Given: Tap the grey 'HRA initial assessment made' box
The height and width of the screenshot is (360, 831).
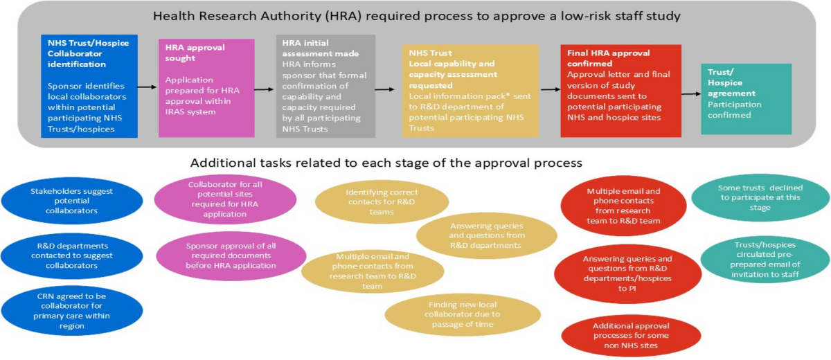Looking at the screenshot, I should coord(325,86).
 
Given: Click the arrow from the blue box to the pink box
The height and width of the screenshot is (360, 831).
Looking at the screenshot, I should coord(148,87).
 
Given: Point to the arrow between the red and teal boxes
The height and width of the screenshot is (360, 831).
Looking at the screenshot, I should coord(691,93).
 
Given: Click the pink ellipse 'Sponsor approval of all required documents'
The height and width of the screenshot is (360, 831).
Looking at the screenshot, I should coord(231,255).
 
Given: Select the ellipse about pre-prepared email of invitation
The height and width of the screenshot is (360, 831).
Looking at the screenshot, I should coord(765,260).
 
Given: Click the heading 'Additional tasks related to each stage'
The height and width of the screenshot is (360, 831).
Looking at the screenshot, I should coord(386,164).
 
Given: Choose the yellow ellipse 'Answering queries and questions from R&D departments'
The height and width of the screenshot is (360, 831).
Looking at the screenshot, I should coord(486,236).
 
